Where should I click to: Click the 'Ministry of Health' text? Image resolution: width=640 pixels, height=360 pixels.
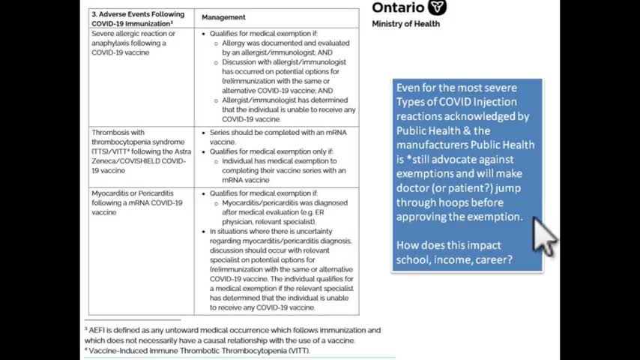(405, 24)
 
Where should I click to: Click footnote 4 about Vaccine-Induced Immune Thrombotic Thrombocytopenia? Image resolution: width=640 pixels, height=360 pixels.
(197, 350)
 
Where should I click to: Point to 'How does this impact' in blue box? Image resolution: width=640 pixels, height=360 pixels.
(449, 245)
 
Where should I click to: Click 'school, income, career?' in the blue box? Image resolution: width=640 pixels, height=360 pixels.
(454, 259)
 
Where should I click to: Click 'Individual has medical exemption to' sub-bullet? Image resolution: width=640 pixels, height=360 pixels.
(283, 161)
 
